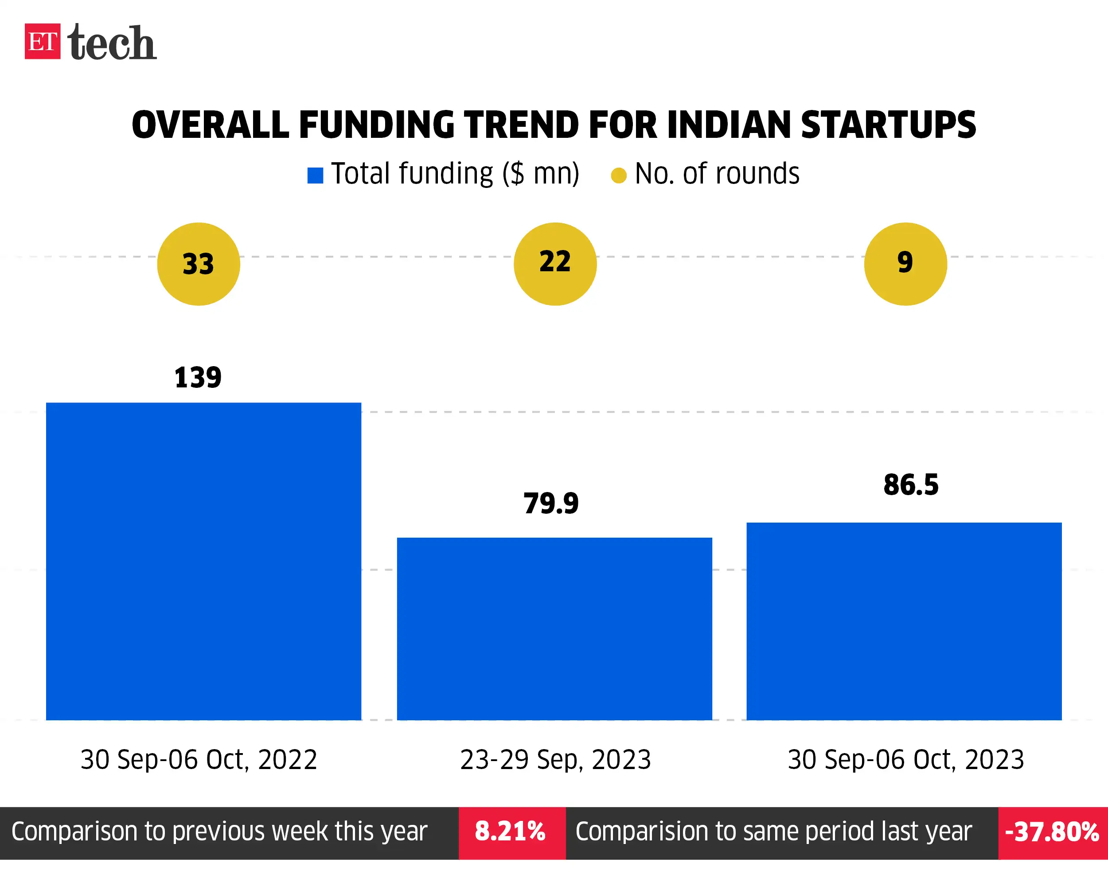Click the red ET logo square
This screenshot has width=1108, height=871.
(42, 41)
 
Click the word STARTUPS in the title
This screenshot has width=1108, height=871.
(888, 125)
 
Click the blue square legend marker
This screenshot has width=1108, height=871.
(315, 176)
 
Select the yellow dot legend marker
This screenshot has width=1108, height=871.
(619, 176)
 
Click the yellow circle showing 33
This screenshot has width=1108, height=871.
(199, 264)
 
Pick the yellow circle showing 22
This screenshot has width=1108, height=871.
(555, 264)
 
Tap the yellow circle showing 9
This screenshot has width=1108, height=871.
(905, 264)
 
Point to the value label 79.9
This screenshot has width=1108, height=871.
(551, 504)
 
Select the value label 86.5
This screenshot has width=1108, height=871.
(911, 485)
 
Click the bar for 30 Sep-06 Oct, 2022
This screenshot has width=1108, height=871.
(203, 561)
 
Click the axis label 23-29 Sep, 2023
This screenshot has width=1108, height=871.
(555, 760)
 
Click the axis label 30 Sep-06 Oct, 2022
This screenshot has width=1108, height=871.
(199, 760)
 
